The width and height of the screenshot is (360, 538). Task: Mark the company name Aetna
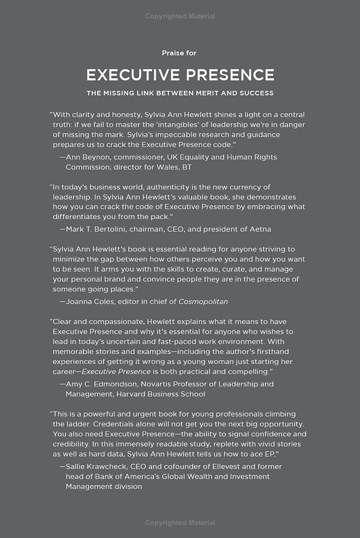click(x=260, y=229)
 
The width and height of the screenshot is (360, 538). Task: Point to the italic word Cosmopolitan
click(x=203, y=301)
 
